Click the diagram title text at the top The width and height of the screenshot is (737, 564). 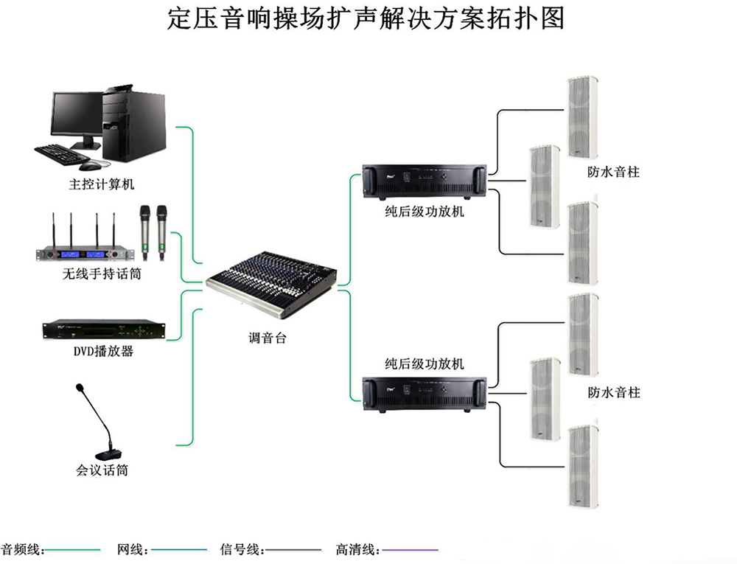point(366,18)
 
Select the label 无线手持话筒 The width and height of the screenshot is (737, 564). point(101,275)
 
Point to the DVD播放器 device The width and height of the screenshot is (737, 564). point(101,330)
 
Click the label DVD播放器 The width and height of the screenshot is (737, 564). point(101,352)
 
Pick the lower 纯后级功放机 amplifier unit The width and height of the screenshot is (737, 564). point(426,391)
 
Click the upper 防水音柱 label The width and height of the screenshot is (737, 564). point(613,172)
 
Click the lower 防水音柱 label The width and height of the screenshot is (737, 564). point(613,393)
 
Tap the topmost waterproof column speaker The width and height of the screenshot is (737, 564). point(581,116)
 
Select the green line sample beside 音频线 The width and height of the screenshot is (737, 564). point(73,550)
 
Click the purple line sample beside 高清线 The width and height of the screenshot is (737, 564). point(410,550)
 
